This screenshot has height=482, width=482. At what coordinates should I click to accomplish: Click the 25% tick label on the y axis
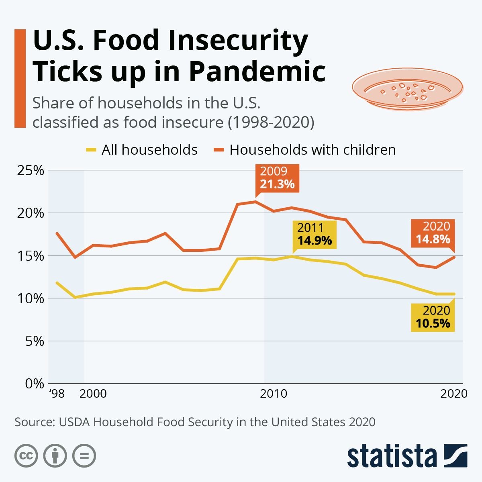(30, 170)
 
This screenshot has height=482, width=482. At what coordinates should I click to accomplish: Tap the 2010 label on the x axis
(274, 393)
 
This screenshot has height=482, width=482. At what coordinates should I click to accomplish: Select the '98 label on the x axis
(57, 393)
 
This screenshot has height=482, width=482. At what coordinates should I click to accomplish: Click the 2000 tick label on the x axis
(93, 393)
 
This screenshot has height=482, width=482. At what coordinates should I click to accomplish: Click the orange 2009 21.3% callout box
(277, 178)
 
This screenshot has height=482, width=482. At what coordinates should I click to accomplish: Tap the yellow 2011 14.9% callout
(315, 234)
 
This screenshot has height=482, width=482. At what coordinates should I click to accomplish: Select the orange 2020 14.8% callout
(433, 233)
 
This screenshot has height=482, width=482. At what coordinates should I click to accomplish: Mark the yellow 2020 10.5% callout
(433, 317)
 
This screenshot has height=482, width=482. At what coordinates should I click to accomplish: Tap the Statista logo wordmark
(392, 456)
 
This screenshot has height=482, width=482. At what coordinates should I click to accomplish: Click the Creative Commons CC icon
(26, 456)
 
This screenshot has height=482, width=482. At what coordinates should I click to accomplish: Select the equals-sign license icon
(84, 456)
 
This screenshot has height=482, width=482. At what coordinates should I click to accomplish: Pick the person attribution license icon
(55, 456)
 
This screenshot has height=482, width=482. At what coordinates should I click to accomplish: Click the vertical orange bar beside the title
(20, 78)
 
